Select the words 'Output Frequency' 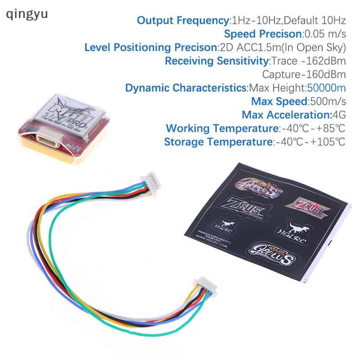click(x=183, y=20)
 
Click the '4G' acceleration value click(x=338, y=115)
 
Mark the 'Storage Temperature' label click(x=218, y=142)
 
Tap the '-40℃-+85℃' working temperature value click(x=313, y=128)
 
